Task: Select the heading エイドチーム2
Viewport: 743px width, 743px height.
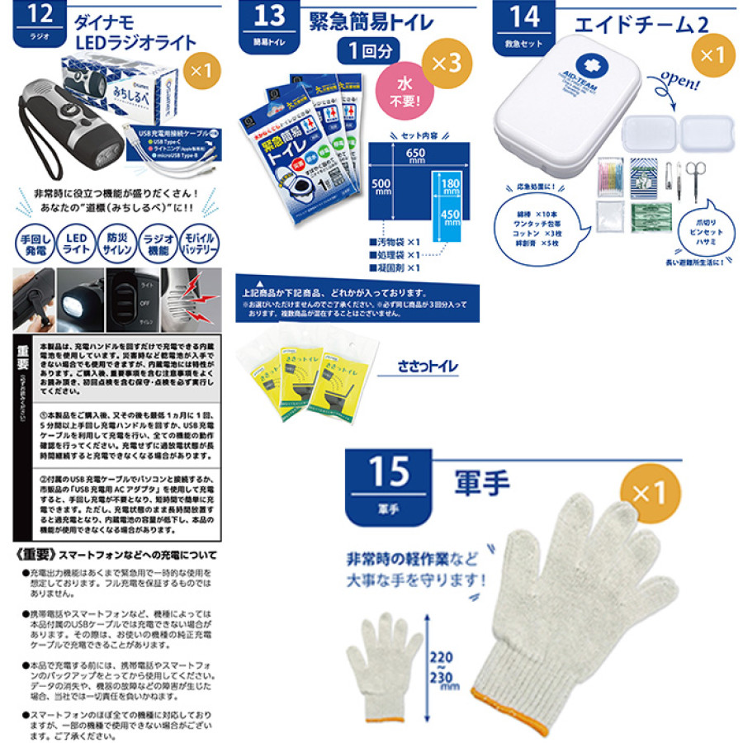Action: (x=640, y=22)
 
